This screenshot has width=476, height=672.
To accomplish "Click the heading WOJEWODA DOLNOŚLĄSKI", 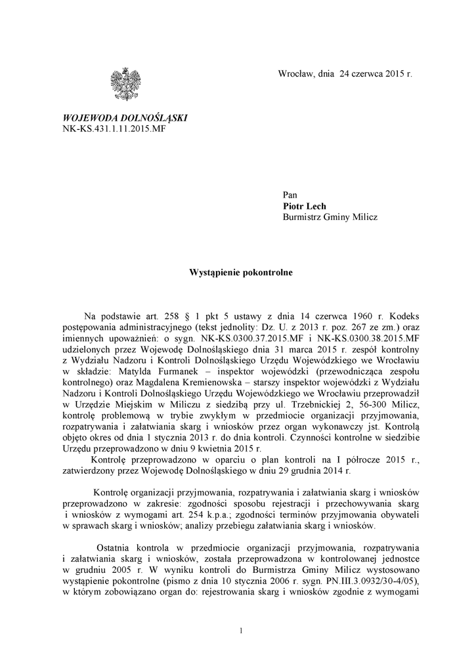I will point(125,117).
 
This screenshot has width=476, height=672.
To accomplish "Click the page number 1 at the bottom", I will point(241,631).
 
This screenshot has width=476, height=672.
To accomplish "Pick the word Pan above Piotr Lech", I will point(290,194).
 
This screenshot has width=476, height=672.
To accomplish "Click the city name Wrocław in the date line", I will point(296,75).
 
